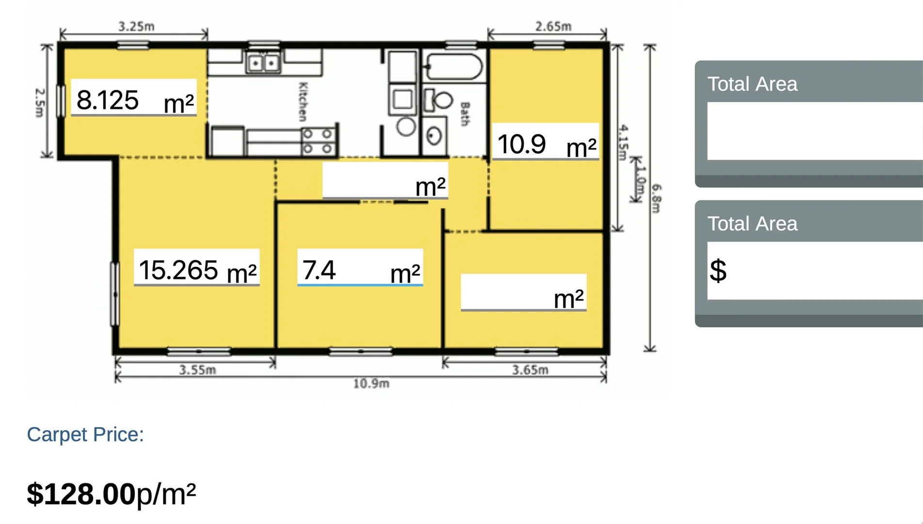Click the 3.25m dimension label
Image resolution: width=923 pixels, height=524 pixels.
[136, 26]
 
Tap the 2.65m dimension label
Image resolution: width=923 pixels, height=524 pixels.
[553, 26]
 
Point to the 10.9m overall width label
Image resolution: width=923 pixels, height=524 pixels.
[371, 384]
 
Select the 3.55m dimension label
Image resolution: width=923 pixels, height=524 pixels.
[197, 370]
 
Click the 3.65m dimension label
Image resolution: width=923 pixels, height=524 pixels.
[530, 370]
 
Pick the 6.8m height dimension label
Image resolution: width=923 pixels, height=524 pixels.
[656, 198]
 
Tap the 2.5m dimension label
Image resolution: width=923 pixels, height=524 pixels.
[40, 102]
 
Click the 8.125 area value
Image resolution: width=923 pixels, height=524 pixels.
[108, 100]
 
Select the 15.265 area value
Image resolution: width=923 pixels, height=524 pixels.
[178, 270]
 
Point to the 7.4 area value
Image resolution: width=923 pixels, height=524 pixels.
[319, 270]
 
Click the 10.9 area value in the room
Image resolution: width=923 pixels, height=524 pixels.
[521, 144]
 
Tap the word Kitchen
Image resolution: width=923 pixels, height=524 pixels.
[303, 101]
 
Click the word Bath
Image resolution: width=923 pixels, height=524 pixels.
[465, 114]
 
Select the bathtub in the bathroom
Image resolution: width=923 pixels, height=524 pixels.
[453, 67]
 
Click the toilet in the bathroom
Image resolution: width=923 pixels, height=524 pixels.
[439, 100]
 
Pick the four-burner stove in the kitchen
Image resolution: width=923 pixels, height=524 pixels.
[318, 141]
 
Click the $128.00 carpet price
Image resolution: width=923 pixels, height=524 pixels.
[81, 494]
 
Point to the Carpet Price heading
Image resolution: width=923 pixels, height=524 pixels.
[85, 434]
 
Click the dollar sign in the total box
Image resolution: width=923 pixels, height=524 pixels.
[718, 270]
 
